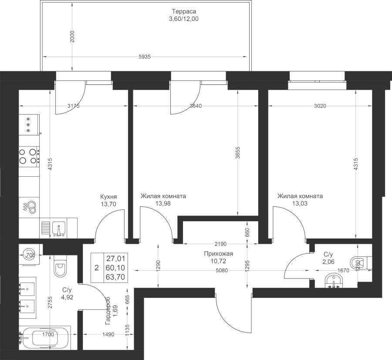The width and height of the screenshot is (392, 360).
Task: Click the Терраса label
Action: point(184,11)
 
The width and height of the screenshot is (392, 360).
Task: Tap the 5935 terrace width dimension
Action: point(145,57)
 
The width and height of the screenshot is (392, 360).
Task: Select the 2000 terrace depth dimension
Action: point(72,37)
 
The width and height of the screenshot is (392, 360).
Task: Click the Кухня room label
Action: point(108,196)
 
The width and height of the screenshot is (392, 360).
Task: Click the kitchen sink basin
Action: point(59,229)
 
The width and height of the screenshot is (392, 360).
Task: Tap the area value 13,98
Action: point(163,204)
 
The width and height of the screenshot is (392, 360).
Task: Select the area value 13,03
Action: point(300,204)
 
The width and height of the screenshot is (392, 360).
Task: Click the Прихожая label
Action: point(219,254)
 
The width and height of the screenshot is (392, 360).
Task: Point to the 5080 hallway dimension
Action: point(222,270)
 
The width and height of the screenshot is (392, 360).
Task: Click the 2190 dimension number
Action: point(220,244)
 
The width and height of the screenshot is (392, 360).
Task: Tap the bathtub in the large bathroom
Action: point(45,338)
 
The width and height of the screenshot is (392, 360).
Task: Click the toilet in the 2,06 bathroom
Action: point(361,263)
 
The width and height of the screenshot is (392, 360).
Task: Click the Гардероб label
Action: point(108,311)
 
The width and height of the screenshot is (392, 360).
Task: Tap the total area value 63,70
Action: point(115,277)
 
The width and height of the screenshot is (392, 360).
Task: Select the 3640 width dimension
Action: point(196,106)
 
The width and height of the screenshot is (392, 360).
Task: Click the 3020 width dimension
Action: point(320,106)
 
